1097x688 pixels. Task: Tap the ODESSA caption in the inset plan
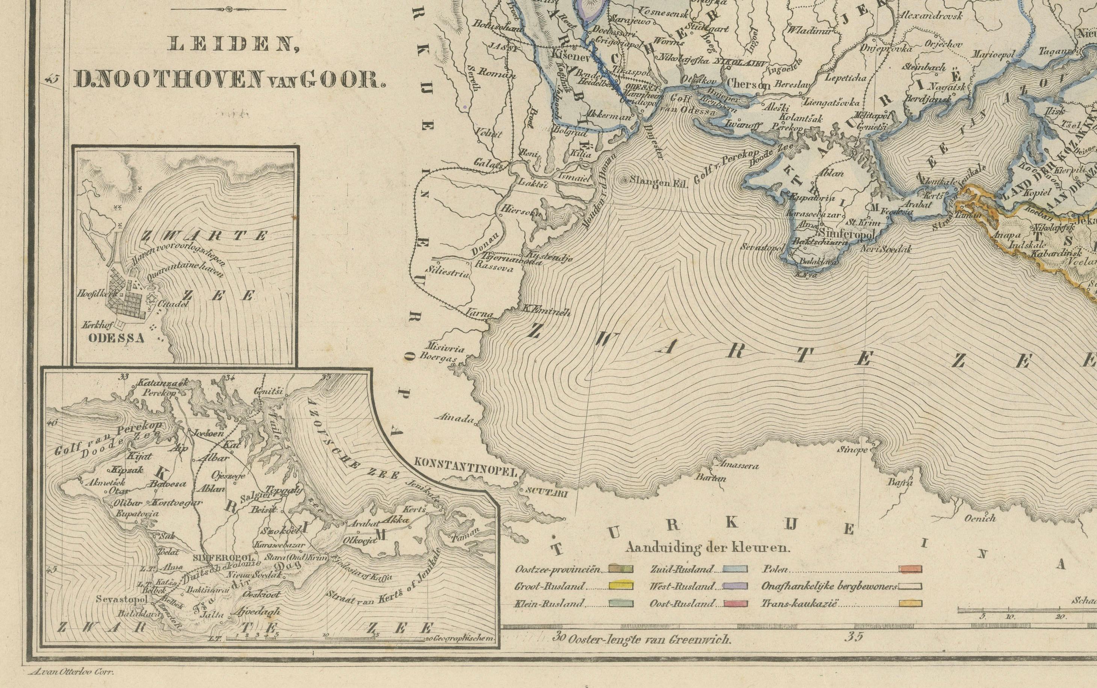pyautogui.click(x=117, y=338)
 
